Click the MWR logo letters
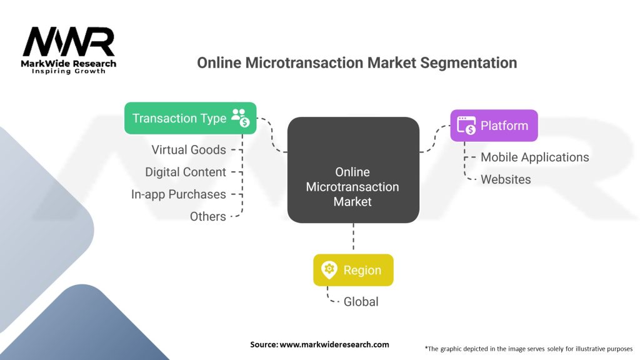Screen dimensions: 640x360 [69, 42]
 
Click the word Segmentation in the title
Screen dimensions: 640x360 [469, 63]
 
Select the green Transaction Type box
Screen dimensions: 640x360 [190, 118]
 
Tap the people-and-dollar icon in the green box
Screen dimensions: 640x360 [241, 117]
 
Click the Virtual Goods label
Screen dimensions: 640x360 [189, 150]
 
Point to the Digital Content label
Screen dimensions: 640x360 [185, 172]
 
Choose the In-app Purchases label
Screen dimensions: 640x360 [178, 194]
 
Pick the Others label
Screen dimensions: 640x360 [207, 216]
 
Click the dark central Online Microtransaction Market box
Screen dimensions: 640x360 [353, 170]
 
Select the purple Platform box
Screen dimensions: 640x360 [494, 125]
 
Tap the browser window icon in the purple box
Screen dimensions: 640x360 [466, 125]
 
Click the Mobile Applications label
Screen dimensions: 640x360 [535, 157]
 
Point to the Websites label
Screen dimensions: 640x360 [506, 179]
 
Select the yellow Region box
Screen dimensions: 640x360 [353, 270]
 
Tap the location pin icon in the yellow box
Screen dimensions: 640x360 [329, 270]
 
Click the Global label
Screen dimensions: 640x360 [361, 302]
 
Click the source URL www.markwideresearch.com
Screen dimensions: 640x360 [334, 344]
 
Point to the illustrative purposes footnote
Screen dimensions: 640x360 [529, 349]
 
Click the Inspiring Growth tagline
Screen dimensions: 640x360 [69, 71]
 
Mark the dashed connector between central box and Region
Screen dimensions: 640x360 [353, 237]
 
